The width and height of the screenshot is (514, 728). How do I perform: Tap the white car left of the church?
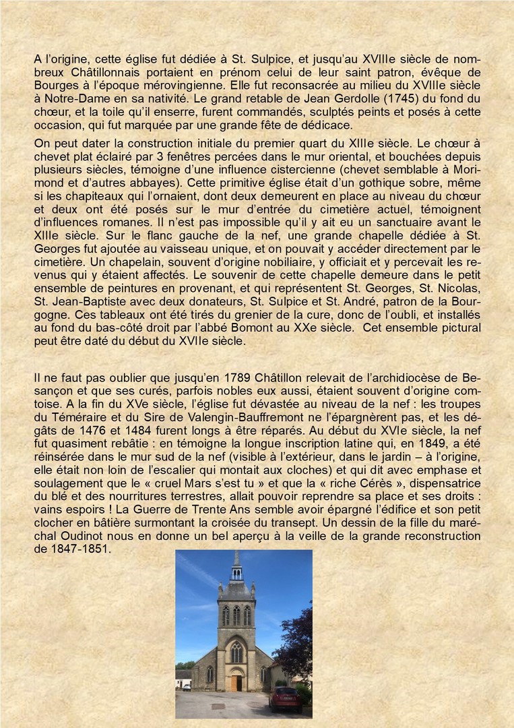point(187,687)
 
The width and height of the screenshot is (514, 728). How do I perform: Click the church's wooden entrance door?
point(236,682)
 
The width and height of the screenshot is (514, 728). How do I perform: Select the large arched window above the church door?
point(236,652)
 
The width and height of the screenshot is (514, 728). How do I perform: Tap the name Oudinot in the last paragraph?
point(71,536)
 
